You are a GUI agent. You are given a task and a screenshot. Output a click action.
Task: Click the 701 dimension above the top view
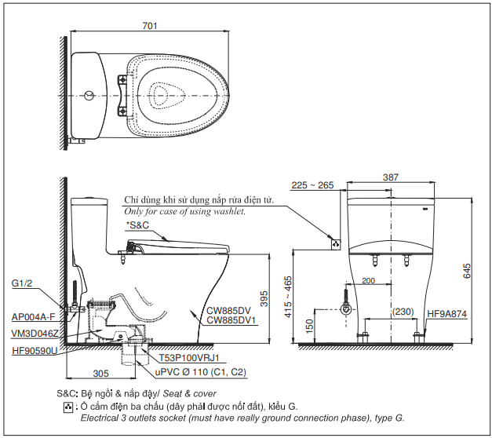tap(151, 26)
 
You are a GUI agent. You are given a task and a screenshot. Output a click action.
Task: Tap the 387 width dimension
tap(389, 177)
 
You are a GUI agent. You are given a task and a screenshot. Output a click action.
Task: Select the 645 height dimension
tap(468, 271)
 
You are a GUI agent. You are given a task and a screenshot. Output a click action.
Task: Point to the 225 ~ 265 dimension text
tap(312, 185)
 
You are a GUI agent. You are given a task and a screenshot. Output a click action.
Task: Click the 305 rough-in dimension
tap(100, 374)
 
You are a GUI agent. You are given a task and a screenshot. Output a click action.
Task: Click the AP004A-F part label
tap(34, 317)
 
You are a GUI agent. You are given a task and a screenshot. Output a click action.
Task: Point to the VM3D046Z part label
tap(35, 334)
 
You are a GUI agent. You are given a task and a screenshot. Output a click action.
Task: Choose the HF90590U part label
tap(35, 350)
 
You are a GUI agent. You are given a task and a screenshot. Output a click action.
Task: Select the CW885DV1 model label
tap(228, 320)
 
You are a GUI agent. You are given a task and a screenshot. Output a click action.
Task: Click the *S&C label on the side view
tap(137, 225)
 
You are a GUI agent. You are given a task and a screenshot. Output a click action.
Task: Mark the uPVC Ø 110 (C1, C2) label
tap(200, 372)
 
